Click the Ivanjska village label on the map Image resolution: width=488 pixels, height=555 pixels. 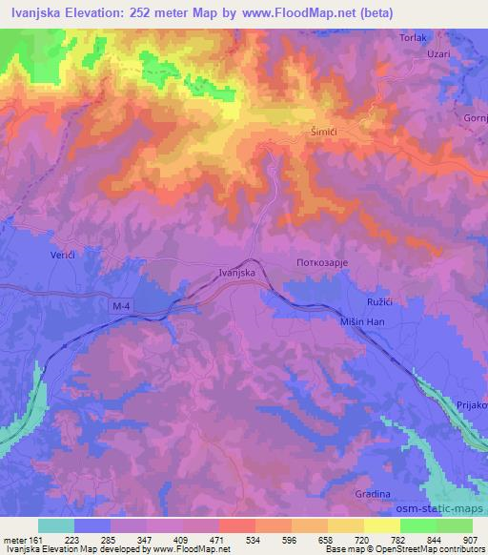(234, 273)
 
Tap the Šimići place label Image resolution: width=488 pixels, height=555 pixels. (325, 133)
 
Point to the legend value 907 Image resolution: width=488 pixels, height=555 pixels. (467, 539)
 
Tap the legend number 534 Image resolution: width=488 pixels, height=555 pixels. (254, 539)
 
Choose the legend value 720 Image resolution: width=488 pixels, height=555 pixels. (360, 539)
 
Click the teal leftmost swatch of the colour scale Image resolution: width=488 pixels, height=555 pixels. (56, 525)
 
